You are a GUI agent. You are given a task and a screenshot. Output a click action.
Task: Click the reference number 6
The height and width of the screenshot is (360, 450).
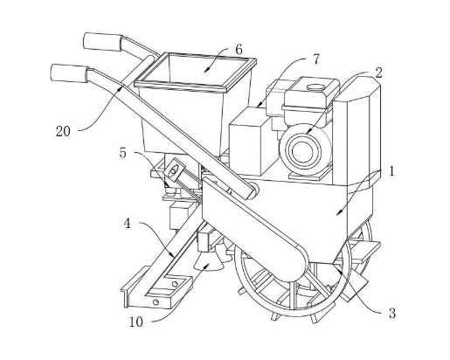tap(239, 50)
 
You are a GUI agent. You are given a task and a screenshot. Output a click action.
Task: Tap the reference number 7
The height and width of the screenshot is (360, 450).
tap(315, 59)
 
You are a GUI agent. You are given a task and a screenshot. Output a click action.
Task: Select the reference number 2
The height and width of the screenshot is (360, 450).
tap(378, 73)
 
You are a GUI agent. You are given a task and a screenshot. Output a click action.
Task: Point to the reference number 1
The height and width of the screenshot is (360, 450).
tap(391, 171)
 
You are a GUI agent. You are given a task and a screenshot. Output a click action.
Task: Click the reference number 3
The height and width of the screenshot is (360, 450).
tap(392, 314)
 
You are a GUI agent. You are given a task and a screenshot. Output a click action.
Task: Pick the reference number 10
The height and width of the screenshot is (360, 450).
tap(136, 322)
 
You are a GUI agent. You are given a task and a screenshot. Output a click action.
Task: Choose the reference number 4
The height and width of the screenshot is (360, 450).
tap(128, 224)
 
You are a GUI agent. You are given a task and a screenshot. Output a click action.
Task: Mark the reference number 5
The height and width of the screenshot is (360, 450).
tap(123, 153)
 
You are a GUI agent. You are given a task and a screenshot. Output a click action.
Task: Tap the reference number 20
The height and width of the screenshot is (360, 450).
tap(63, 131)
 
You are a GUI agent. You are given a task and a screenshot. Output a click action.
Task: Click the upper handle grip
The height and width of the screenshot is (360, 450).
tap(103, 42)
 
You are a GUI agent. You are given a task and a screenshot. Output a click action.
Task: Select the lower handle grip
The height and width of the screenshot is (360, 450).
tap(70, 73)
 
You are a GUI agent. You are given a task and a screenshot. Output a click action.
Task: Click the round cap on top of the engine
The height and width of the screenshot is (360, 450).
tap(316, 87)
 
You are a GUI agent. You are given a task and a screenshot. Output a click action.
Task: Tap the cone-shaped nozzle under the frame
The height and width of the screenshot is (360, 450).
tap(208, 261)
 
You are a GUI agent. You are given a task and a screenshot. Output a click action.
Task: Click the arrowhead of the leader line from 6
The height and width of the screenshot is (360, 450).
tap(206, 70)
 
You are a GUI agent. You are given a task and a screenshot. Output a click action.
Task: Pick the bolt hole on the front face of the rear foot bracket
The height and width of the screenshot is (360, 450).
tap(156, 302)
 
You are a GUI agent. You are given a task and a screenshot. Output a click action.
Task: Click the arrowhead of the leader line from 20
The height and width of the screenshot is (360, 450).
tap(121, 87)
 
